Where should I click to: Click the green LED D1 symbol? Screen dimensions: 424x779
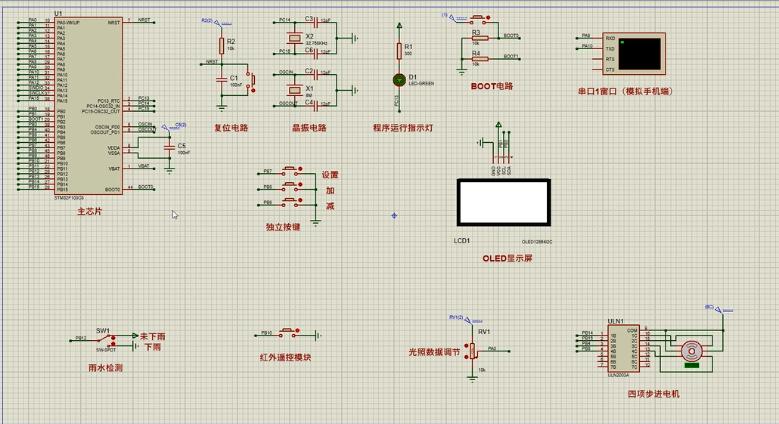(x=399, y=79)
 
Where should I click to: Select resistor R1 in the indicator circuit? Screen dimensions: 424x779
(x=399, y=50)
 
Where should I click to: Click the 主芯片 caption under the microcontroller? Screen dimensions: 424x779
(x=89, y=212)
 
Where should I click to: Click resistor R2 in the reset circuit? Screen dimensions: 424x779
(x=222, y=45)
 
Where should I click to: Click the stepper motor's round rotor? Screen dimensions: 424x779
(x=690, y=351)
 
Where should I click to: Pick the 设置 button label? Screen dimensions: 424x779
(x=330, y=175)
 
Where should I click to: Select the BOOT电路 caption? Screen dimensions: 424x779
(x=492, y=86)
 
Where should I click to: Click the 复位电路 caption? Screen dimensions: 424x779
(x=231, y=128)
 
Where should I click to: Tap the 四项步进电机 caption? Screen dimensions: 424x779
(x=653, y=394)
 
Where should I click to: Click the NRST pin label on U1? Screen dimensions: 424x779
(x=113, y=23)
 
